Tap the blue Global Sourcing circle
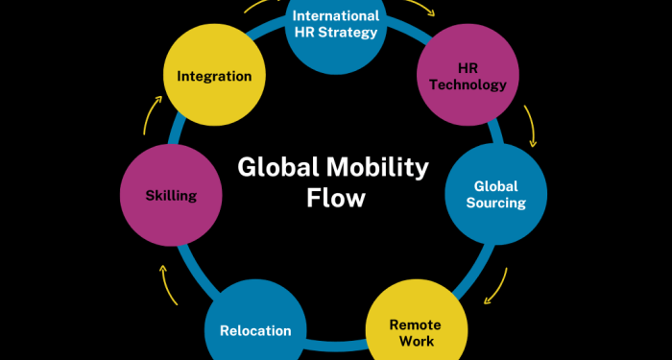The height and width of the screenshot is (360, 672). (x=495, y=194)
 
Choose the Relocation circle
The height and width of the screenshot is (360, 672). (x=254, y=329)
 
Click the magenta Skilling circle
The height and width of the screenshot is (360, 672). (x=171, y=195)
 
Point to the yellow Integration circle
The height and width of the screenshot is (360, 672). (x=214, y=76)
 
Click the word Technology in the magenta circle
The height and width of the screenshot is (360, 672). (x=468, y=84)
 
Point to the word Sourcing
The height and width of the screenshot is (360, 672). (x=495, y=203)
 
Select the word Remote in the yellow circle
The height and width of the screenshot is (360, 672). (x=416, y=324)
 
